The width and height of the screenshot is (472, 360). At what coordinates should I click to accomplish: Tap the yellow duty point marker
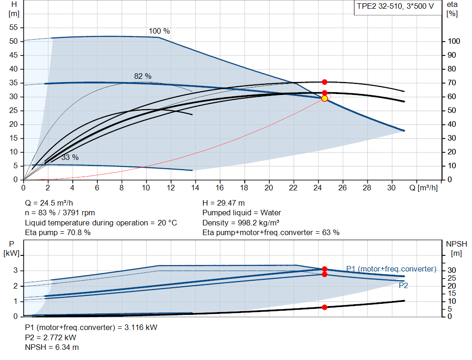coord(324,98)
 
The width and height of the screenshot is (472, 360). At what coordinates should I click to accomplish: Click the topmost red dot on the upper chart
coord(324,82)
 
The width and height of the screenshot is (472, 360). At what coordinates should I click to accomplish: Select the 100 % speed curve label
coord(159,31)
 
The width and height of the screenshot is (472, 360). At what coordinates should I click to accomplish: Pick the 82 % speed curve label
coord(143,76)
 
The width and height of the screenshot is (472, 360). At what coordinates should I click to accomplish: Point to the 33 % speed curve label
coord(70,157)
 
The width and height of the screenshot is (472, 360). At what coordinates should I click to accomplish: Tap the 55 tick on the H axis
coord(13,28)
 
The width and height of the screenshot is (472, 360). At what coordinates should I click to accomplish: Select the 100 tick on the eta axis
coord(454,41)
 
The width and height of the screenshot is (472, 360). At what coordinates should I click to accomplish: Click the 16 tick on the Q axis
coord(220,188)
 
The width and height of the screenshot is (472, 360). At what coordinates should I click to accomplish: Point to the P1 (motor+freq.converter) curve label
coord(391,269)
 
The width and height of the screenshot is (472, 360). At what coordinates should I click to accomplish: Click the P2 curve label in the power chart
coord(403,285)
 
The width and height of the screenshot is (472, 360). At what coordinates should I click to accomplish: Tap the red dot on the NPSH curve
coord(324,307)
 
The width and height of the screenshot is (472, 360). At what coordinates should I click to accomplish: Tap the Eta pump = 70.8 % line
coord(58,232)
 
